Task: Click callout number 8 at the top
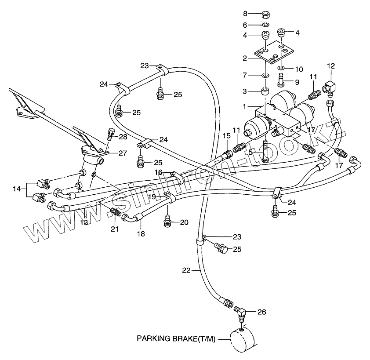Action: coord(258,13)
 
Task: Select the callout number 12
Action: coord(331,66)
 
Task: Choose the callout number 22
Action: coord(186,271)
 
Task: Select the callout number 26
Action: coord(262,313)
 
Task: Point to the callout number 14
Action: coord(17,189)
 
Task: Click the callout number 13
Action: coord(83,222)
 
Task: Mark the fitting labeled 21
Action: coord(115,212)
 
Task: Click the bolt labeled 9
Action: coord(281,80)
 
